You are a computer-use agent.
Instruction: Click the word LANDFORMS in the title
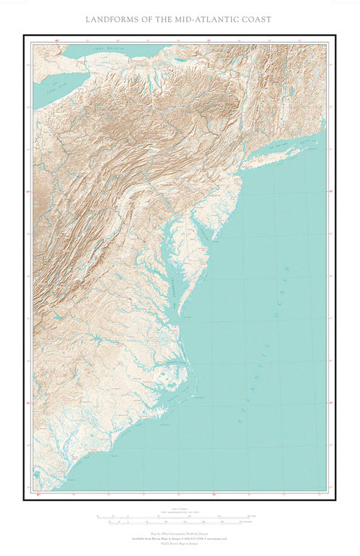(117, 19)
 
